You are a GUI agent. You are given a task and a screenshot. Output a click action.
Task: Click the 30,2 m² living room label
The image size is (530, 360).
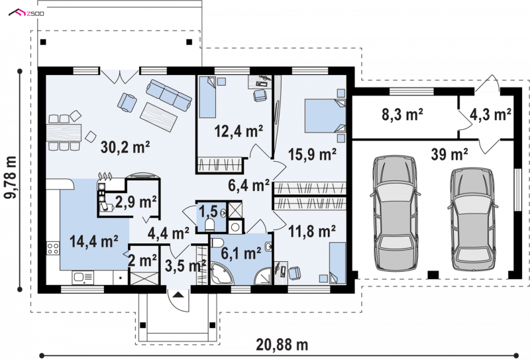(x=125, y=147)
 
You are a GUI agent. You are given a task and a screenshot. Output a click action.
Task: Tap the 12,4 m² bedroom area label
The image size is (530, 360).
(x=239, y=131)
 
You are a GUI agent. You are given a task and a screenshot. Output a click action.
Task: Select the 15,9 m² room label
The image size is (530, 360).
(x=312, y=154)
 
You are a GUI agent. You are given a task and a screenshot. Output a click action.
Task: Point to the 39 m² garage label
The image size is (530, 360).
(x=449, y=154)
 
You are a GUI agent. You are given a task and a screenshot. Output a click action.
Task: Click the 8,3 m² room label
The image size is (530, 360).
(x=402, y=115)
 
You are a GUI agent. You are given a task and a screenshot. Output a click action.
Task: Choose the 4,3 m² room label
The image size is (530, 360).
(x=490, y=115)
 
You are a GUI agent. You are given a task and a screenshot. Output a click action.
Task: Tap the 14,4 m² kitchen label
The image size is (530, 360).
(x=93, y=241)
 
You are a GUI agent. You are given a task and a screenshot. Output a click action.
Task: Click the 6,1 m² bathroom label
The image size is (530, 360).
(x=240, y=253)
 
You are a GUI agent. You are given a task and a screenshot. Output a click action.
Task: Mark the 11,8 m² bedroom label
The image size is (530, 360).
(x=311, y=231)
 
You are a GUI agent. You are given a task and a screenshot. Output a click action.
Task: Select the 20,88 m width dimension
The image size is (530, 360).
(x=282, y=345)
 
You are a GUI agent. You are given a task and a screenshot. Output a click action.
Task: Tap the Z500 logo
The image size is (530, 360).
(x=26, y=13)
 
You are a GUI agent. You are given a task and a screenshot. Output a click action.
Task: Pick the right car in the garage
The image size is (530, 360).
(x=472, y=219)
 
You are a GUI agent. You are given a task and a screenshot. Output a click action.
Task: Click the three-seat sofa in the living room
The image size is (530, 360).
(x=169, y=95)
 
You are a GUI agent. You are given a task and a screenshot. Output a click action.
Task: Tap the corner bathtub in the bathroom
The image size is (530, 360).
(x=221, y=273)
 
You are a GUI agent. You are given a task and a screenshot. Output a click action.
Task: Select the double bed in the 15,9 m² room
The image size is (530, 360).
(x=325, y=115)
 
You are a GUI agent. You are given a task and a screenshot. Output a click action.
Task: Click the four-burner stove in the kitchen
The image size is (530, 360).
(x=53, y=248)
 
